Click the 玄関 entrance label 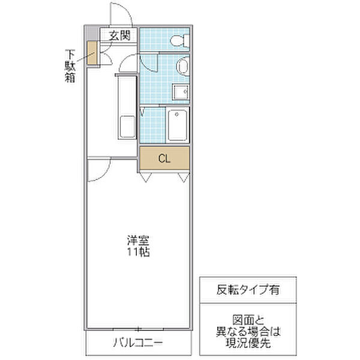[x=119, y=35]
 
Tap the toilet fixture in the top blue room [x=179, y=41]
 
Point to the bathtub [x=178, y=124]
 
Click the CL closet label [x=164, y=158]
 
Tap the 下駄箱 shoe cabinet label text [x=70, y=66]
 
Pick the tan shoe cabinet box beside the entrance [x=92, y=53]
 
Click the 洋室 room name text [x=137, y=241]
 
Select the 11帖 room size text [x=137, y=252]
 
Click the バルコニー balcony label [x=137, y=343]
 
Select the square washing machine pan [x=181, y=92]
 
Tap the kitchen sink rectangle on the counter [x=127, y=126]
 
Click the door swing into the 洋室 [x=98, y=170]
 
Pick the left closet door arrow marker [x=145, y=177]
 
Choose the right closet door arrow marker [x=182, y=177]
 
